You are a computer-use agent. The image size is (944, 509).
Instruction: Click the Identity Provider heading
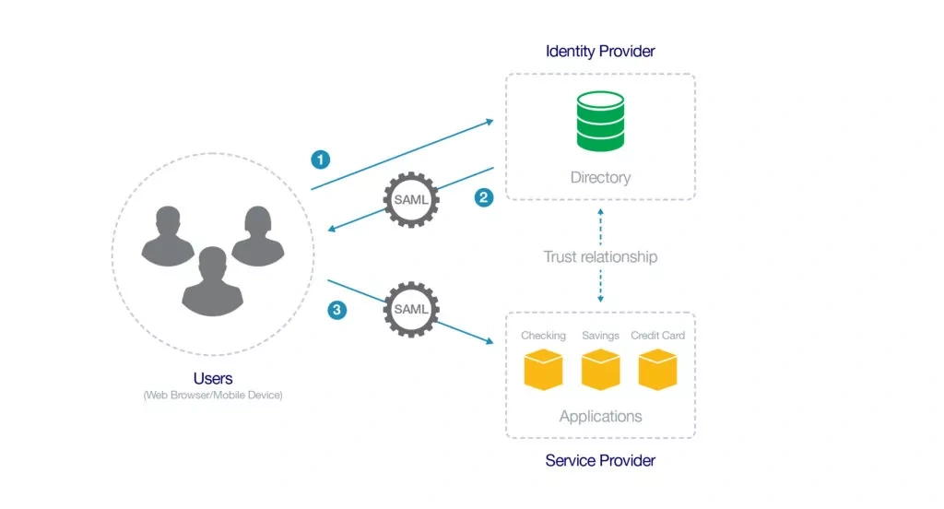[x=600, y=51]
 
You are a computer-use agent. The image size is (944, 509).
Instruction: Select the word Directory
[x=600, y=177]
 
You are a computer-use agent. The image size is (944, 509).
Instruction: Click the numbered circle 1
[x=320, y=160]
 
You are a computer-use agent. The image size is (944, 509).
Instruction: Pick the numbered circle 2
[x=484, y=196]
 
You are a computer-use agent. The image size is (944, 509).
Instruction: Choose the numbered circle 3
[x=337, y=310]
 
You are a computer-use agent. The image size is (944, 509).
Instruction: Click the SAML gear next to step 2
[x=410, y=200]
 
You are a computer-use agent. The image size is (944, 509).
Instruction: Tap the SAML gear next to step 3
[x=410, y=309]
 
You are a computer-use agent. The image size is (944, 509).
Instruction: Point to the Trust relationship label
[x=600, y=256]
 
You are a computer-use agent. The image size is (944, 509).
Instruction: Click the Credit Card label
[x=657, y=336]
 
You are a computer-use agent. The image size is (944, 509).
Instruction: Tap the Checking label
[x=543, y=336]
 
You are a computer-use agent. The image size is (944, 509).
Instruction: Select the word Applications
[x=600, y=417]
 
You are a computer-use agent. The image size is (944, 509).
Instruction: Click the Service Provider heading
[x=600, y=459]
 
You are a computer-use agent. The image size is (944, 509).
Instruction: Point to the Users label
[x=213, y=378]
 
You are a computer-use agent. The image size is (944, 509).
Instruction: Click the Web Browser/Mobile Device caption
[x=213, y=396]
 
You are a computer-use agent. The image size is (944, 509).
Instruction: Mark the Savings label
[x=600, y=336]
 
